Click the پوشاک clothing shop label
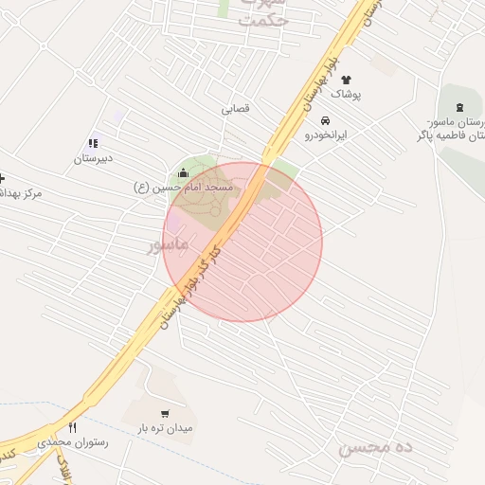pos(346,95)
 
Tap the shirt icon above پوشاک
pos(345,80)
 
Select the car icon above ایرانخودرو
pos(325,120)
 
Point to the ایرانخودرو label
pos(326,135)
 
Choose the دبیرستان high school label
pos(94,158)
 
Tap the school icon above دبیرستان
pos(93,143)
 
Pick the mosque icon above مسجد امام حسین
pos(183,173)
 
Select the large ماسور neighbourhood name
pos(169,244)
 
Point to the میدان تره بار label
pos(165,428)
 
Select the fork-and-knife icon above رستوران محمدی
pos(73,427)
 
